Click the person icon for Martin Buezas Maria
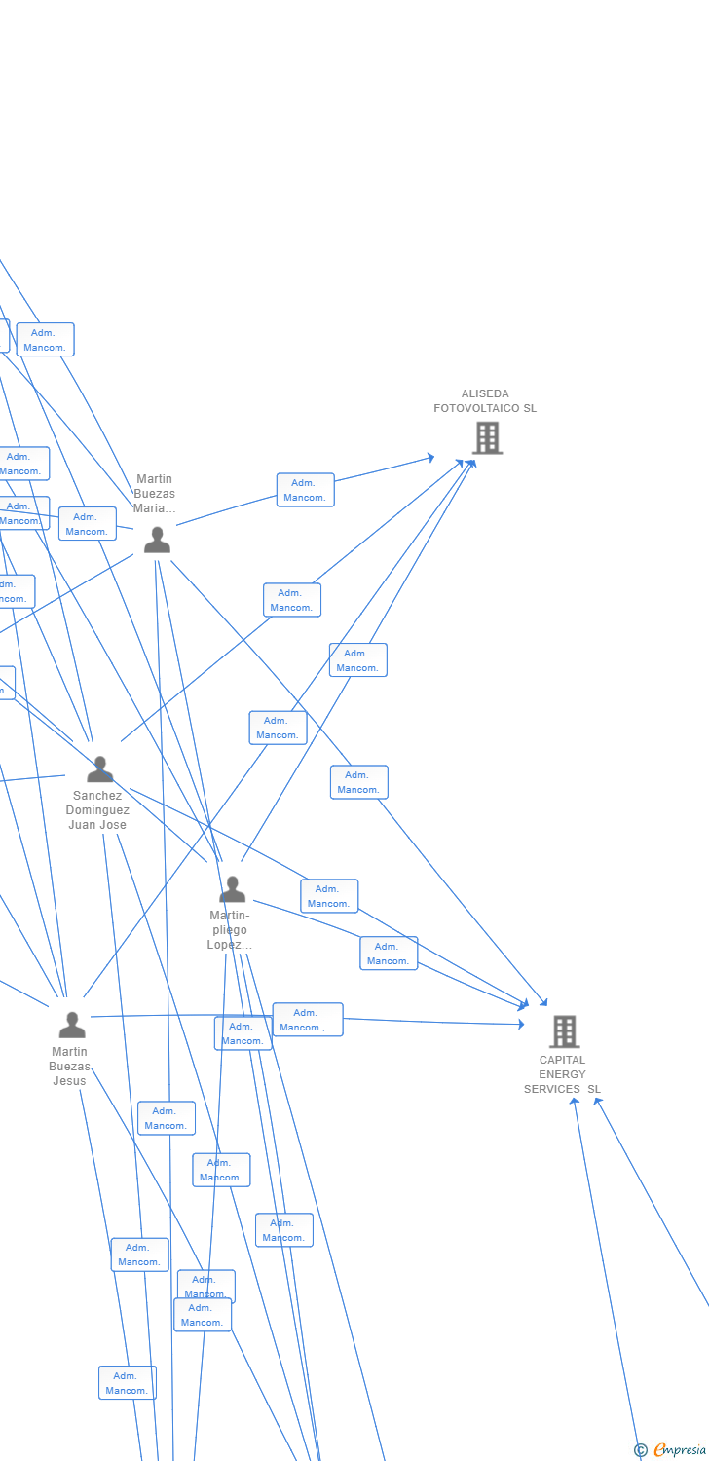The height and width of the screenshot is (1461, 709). [x=157, y=540]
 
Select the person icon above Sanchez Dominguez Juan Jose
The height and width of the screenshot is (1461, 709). [x=99, y=769]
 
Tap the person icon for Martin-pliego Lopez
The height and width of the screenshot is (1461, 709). [x=232, y=889]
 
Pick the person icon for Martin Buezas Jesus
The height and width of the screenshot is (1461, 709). [x=72, y=1025]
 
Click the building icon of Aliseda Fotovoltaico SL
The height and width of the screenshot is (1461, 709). [x=487, y=437]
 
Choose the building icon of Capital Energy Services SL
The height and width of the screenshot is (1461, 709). [x=564, y=1030]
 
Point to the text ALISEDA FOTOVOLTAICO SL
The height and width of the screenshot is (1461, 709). [x=485, y=401]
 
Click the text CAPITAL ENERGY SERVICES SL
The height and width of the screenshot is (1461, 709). [x=563, y=1074]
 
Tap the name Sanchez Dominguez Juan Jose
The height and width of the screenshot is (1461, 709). [x=97, y=810]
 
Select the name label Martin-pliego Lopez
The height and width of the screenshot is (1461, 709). [x=230, y=930]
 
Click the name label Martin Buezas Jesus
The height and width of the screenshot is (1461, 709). [x=69, y=1066]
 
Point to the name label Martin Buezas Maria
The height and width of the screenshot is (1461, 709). [x=155, y=494]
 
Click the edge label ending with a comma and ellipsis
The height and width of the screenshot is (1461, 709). [x=308, y=1020]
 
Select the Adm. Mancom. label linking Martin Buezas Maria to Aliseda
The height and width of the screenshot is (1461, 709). [x=306, y=490]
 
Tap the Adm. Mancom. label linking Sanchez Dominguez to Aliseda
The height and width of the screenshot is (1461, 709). [x=292, y=600]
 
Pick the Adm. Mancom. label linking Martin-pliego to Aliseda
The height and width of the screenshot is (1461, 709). [x=358, y=660]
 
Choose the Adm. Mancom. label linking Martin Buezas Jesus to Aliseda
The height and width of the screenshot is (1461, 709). [x=279, y=728]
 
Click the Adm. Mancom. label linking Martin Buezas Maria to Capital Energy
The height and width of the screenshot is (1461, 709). [x=359, y=782]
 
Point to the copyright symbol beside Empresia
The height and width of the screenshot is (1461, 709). [x=640, y=1450]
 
